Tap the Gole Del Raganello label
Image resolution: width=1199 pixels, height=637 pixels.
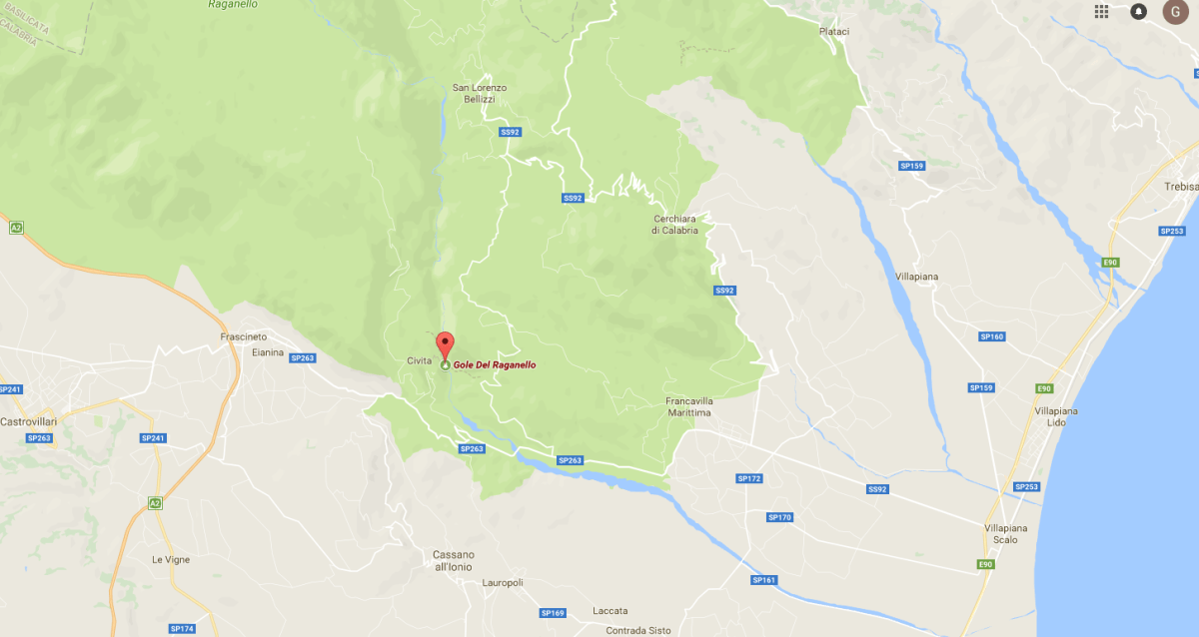click(x=495, y=365)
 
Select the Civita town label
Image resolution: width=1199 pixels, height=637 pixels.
click(x=419, y=360)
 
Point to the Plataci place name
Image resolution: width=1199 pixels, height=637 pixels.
click(x=834, y=32)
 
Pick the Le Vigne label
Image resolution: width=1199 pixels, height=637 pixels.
click(x=170, y=559)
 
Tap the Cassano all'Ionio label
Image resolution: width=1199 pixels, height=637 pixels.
click(x=454, y=560)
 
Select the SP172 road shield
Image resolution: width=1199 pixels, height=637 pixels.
click(x=749, y=479)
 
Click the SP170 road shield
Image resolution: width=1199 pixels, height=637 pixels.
click(x=779, y=517)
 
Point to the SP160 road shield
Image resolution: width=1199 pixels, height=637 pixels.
click(x=991, y=336)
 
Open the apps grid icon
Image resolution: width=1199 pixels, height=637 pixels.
click(x=1102, y=11)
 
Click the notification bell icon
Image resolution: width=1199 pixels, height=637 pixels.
click(x=1139, y=11)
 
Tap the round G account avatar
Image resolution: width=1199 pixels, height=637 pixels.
click(x=1176, y=11)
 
